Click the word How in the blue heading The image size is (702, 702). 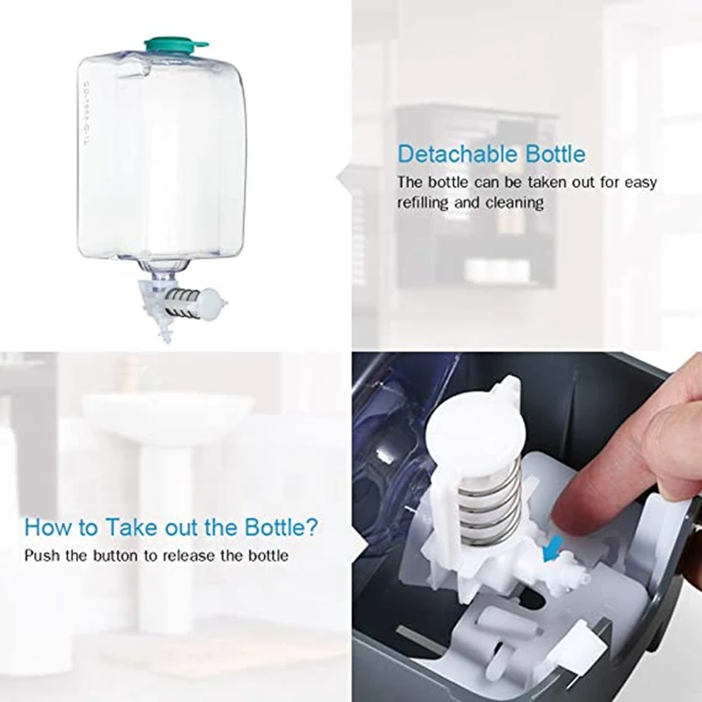pos(44,528)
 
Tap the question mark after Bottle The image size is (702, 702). pos(313,528)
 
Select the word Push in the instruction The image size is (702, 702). pos(39,555)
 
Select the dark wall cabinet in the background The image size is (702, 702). pos(474,193)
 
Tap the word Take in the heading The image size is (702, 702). pos(123,528)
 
